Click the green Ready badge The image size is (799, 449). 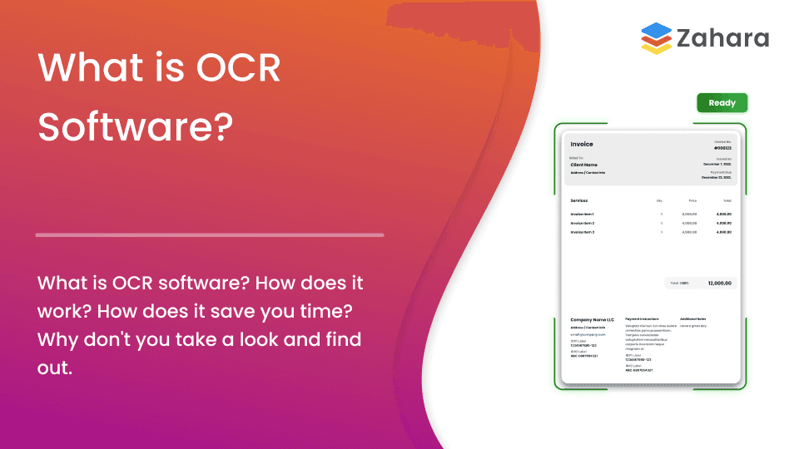point(722,103)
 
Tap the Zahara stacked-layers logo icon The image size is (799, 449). point(657,38)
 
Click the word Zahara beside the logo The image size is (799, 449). point(722,38)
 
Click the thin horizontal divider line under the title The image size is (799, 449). point(210,235)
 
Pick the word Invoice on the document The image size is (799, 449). point(582,144)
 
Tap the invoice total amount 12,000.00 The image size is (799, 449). point(719,284)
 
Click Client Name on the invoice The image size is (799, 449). point(583,165)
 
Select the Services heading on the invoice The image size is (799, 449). point(579,200)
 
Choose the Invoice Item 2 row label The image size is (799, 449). point(583,223)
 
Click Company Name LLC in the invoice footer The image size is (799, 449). point(592,319)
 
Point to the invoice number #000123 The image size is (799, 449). point(722,148)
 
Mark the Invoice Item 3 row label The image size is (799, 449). point(583,232)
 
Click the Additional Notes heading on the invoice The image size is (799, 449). point(692,319)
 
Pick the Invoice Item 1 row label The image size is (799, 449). point(583,215)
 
